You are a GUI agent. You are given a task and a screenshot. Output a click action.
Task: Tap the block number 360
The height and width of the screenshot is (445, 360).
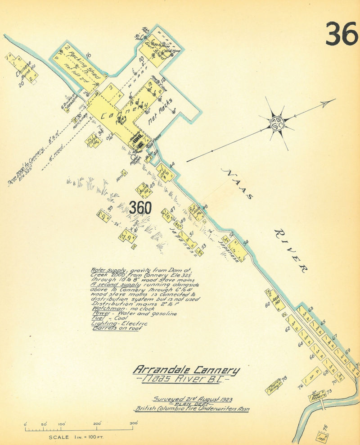pyautogui.click(x=140, y=208)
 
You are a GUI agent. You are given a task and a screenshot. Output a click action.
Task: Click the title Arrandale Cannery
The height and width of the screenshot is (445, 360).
pyautogui.click(x=186, y=370)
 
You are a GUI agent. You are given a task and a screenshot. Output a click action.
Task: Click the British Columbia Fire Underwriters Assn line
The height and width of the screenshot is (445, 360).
pyautogui.click(x=192, y=409)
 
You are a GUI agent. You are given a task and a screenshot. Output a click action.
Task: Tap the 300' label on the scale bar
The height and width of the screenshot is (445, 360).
pyautogui.click(x=133, y=423)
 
